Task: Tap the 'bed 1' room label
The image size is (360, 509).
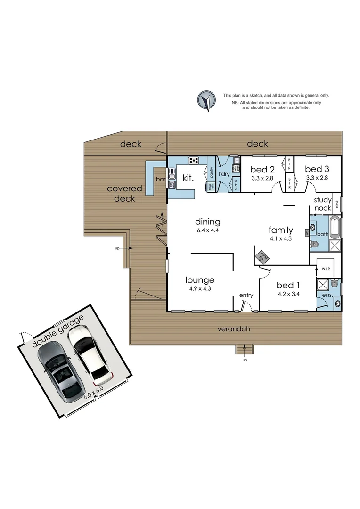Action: point(284,285)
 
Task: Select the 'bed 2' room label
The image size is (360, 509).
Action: point(262,170)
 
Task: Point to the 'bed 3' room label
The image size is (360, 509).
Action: point(317,169)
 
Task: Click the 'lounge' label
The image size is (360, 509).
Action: point(200,279)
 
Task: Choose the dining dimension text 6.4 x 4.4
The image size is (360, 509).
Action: point(208,231)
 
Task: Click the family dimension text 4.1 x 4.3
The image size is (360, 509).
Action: point(281,239)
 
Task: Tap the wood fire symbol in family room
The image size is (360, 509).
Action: point(262,257)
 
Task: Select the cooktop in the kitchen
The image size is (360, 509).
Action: point(194,161)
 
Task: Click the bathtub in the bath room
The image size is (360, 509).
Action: point(335,228)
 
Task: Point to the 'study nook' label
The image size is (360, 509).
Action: point(323,204)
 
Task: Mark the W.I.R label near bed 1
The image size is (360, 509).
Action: point(326,269)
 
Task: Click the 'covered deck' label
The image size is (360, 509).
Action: point(124,194)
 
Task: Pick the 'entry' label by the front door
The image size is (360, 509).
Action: point(246,296)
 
